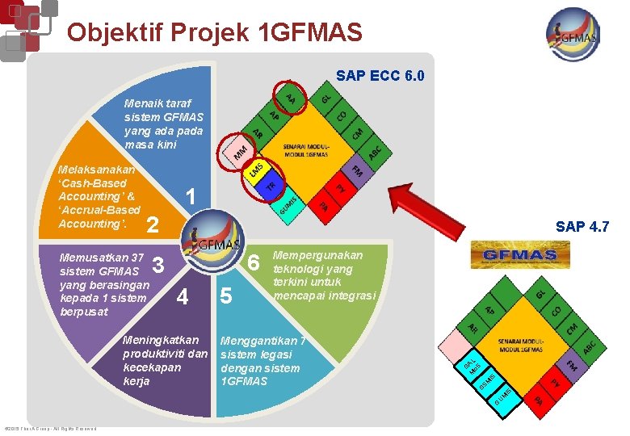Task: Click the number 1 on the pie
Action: [191, 197]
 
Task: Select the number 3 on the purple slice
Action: [158, 264]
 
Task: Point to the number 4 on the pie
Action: [183, 297]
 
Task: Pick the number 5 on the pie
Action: [226, 297]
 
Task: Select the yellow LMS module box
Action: [257, 170]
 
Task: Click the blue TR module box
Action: [272, 187]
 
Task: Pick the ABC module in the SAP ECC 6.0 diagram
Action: [374, 151]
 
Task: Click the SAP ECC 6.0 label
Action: [380, 77]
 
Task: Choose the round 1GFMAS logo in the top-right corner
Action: [573, 34]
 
